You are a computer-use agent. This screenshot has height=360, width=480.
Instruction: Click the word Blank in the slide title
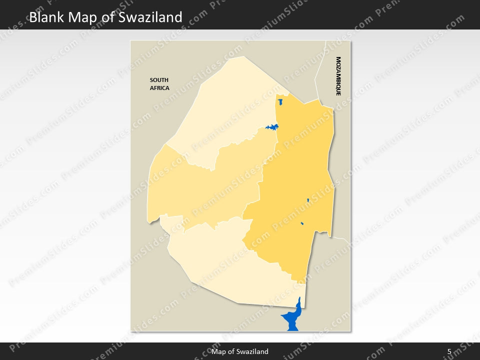pyautogui.click(x=46, y=17)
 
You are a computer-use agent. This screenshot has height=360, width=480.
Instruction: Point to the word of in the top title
pyautogui.click(x=109, y=17)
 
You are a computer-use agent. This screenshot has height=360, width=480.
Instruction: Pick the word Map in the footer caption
pyautogui.click(x=218, y=351)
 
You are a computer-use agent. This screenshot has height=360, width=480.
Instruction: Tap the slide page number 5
pyautogui.click(x=449, y=351)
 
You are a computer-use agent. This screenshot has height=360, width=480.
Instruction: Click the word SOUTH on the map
pyautogui.click(x=159, y=80)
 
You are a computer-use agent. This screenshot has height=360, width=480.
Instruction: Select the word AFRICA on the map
pyautogui.click(x=159, y=88)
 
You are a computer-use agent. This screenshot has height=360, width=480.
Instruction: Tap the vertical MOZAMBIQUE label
pyautogui.click(x=338, y=76)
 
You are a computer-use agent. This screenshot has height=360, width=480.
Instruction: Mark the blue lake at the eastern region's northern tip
pyautogui.click(x=280, y=101)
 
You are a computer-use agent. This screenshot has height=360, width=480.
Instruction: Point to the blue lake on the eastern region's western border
pyautogui.click(x=272, y=127)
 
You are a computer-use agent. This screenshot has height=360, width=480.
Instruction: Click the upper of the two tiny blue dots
pyautogui.click(x=308, y=200)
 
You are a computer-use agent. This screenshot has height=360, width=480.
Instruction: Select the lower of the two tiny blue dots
pyautogui.click(x=302, y=223)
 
